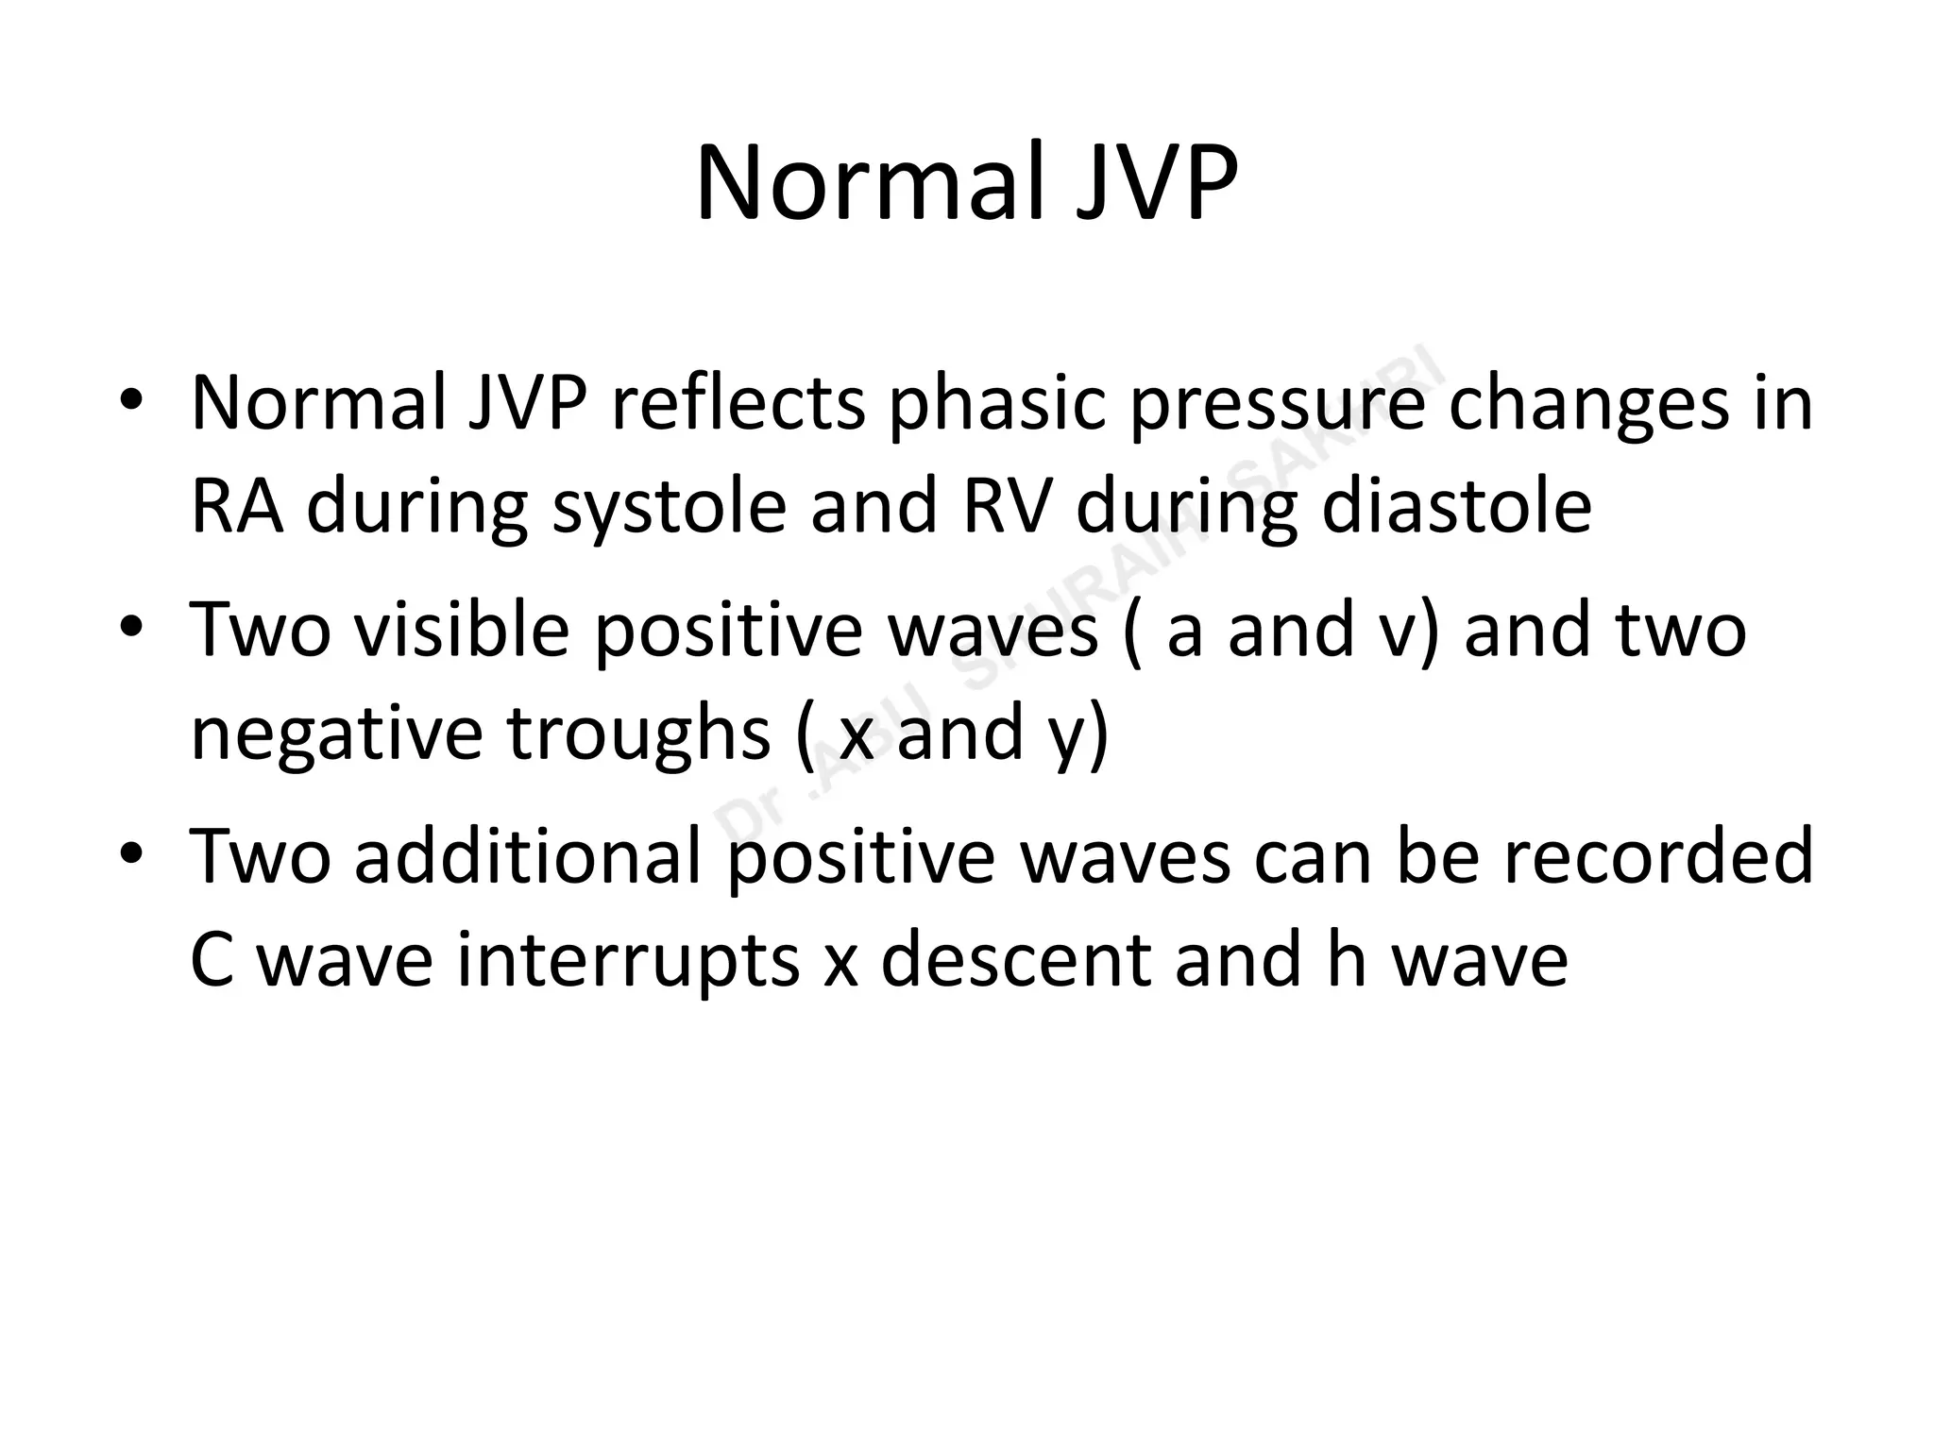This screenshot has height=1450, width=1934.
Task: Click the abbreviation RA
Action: [x=237, y=506]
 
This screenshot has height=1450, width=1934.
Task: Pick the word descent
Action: [x=1015, y=959]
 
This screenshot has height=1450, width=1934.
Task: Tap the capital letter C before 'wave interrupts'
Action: [x=212, y=959]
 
